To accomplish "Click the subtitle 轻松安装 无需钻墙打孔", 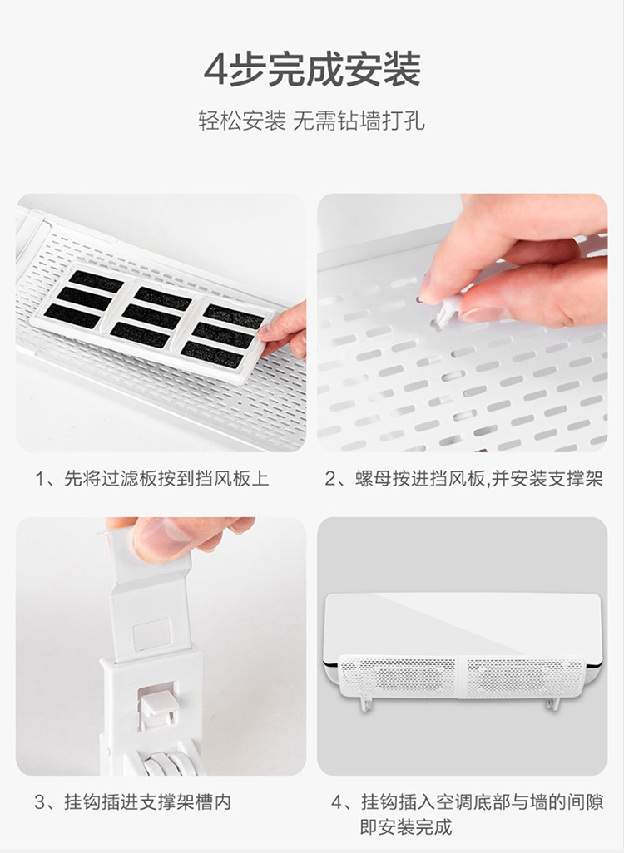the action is click(311, 121).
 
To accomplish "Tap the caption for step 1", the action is click(152, 479).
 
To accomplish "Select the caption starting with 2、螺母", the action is click(464, 479).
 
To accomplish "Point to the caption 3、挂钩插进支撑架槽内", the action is click(132, 801).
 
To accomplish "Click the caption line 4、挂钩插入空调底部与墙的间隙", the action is click(468, 801).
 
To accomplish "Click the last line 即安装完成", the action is click(406, 827).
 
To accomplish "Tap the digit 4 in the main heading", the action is click(215, 70).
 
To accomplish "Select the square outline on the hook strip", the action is click(151, 634).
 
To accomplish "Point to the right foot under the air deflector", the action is click(552, 703).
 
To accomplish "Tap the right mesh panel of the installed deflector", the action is click(522, 676).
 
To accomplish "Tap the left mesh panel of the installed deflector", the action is click(399, 676).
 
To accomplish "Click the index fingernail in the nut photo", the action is click(426, 286).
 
